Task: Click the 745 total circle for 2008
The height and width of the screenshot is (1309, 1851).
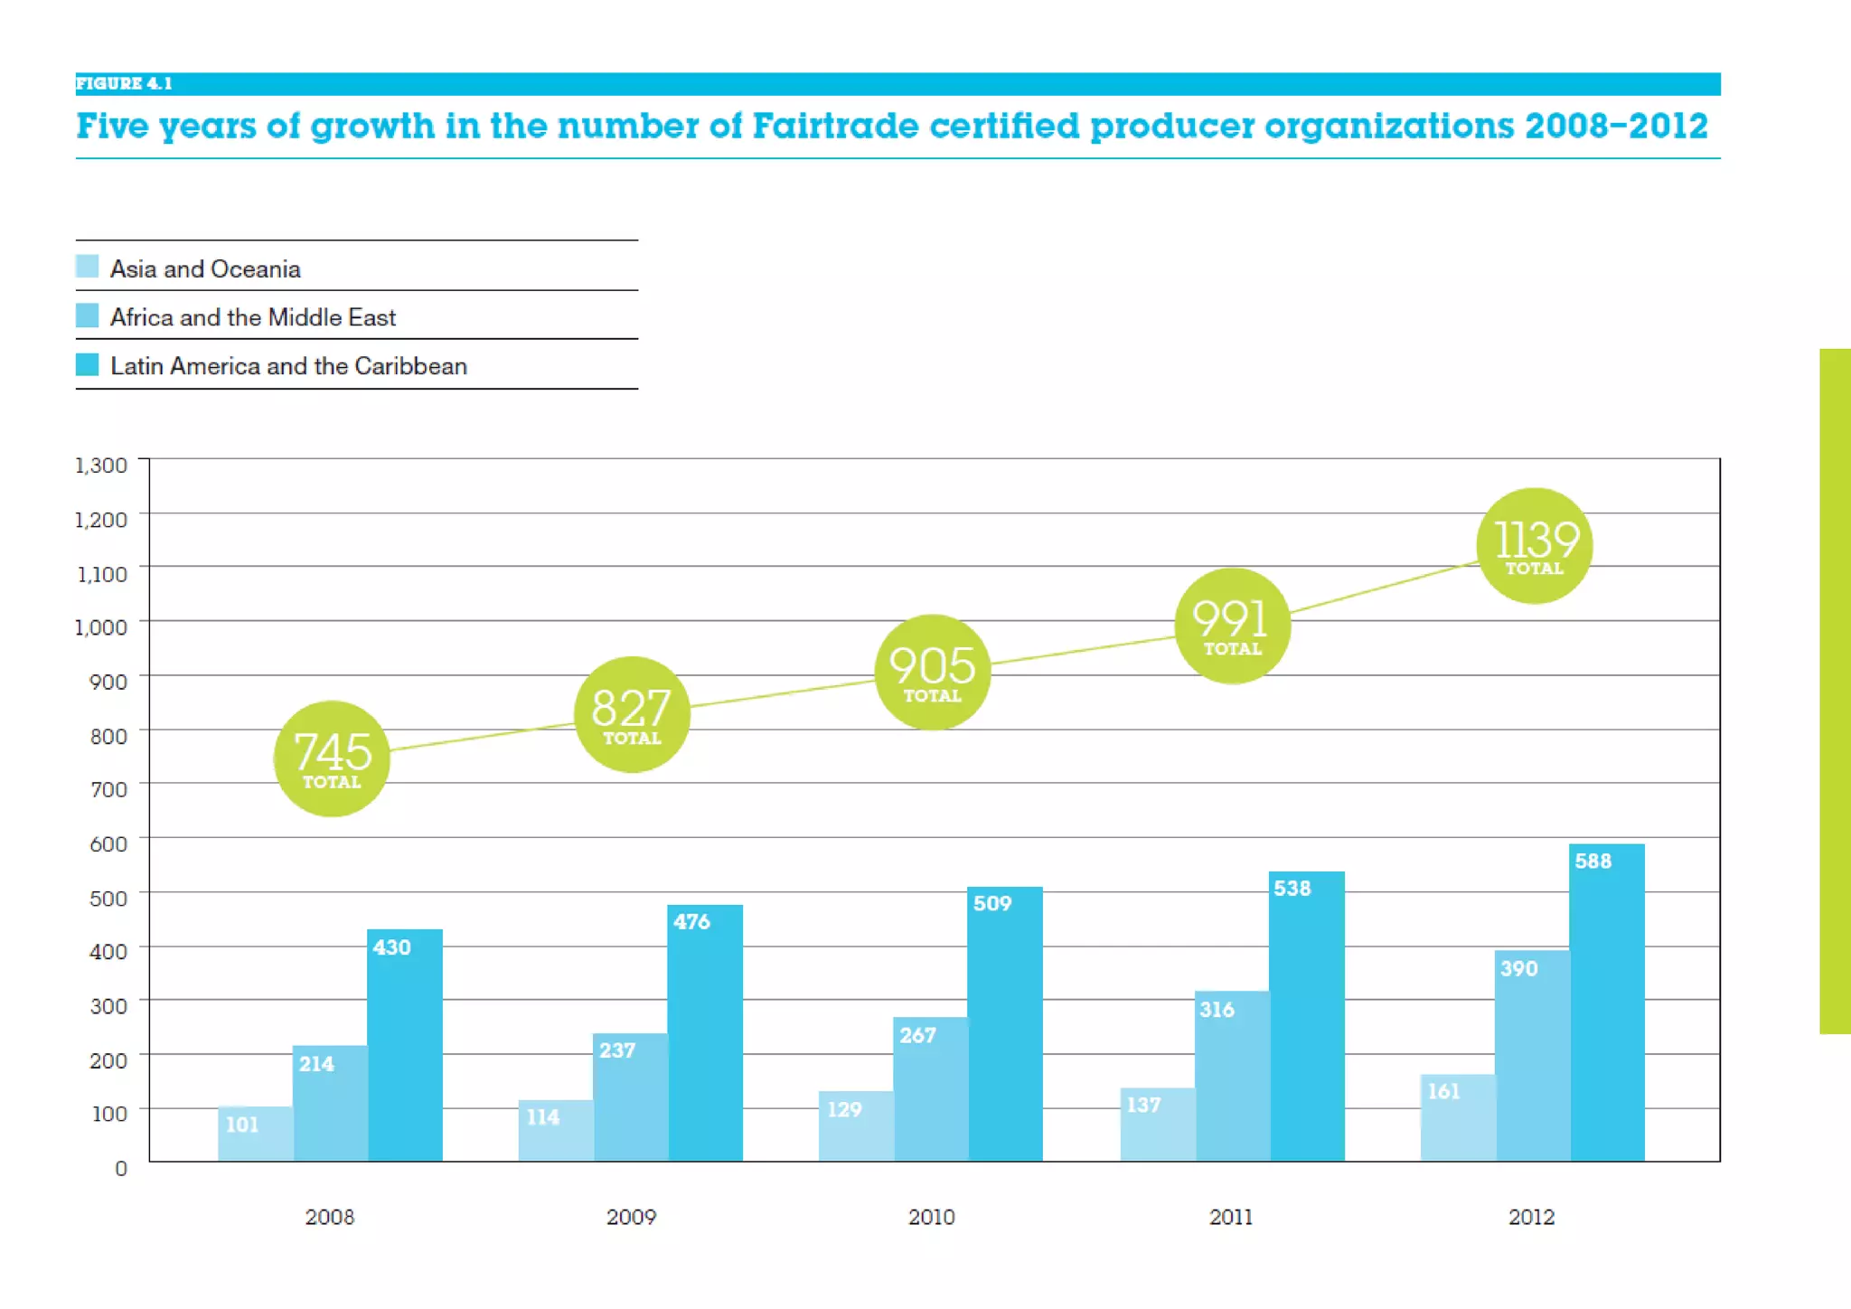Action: point(332,758)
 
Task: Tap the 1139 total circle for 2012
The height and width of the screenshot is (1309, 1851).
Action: point(1534,546)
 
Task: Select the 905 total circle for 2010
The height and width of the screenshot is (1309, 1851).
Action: point(932,672)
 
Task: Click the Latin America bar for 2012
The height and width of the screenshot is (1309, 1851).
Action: point(1607,1003)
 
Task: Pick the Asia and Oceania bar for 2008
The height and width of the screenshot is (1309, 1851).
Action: point(256,1134)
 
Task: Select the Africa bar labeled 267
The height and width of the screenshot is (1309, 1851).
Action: point(930,1089)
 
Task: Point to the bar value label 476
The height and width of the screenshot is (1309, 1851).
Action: point(691,922)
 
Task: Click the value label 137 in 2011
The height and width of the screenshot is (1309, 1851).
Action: point(1143,1105)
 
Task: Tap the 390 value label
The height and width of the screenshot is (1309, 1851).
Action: point(1518,969)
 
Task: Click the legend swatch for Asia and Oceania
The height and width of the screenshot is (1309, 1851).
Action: point(88,267)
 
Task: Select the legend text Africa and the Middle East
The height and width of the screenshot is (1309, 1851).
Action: point(253,317)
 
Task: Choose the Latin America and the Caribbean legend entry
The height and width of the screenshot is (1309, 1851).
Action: point(288,366)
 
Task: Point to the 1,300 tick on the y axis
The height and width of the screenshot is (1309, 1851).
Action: point(101,466)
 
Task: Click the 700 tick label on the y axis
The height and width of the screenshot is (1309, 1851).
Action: point(108,789)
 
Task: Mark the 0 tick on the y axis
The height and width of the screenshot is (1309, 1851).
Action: point(121,1168)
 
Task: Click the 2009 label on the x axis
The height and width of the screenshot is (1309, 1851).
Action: point(631,1217)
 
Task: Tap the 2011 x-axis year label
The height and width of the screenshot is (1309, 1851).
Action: point(1231,1217)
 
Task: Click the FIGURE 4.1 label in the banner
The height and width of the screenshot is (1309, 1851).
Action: point(124,84)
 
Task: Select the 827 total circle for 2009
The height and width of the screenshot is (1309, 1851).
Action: point(632,715)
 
